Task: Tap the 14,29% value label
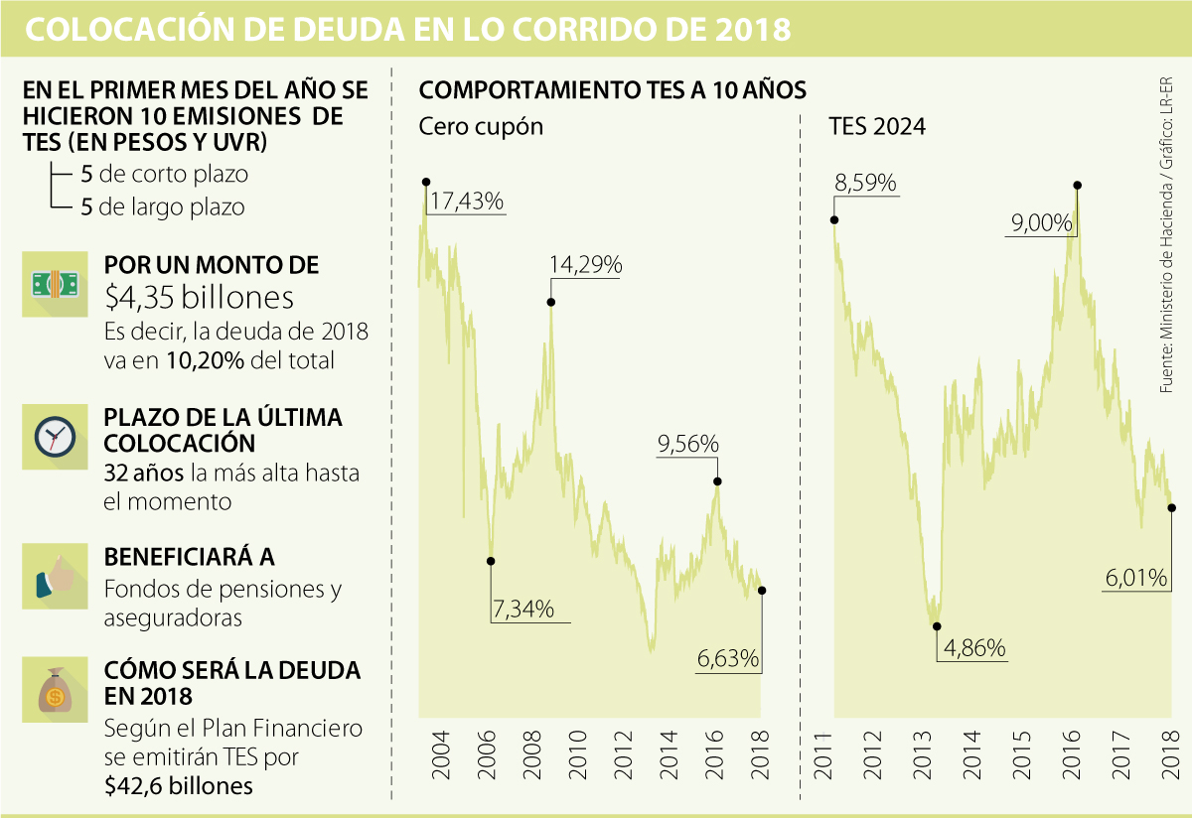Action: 585,266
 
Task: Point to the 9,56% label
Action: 687,445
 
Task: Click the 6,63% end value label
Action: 727,658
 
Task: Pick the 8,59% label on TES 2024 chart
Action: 866,184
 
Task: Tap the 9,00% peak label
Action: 1042,224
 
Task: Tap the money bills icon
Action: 56,285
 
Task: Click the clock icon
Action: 56,436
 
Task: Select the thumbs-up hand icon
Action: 56,576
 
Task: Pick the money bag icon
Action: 56,692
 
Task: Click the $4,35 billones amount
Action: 200,298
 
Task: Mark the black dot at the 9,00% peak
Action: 1078,185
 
